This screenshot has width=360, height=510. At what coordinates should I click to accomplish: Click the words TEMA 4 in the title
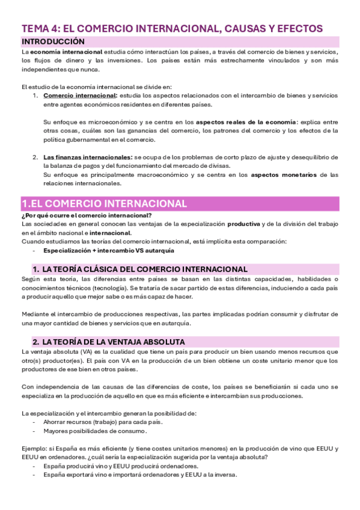click(40, 28)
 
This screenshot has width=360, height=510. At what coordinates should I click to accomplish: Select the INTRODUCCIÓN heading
click(53, 41)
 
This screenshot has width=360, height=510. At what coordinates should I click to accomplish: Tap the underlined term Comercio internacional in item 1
click(80, 96)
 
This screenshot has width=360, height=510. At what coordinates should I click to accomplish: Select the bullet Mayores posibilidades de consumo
click(94, 431)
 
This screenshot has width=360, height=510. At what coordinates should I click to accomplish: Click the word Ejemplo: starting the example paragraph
click(35, 448)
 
